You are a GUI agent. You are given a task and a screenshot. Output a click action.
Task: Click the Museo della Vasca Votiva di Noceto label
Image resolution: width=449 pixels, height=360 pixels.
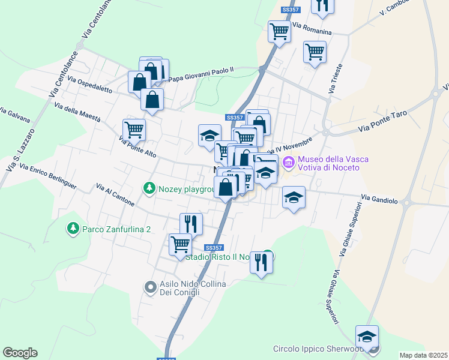coord(328,163)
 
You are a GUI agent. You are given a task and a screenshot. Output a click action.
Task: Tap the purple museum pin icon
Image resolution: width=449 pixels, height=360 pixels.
coord(289,161)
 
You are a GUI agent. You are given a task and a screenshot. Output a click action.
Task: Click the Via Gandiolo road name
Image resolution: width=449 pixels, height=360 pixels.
coord(379,197)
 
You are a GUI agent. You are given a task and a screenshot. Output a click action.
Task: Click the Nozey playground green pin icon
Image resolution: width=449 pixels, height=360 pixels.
coord(149,189)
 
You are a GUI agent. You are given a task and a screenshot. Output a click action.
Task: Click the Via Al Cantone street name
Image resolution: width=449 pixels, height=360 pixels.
coord(115,196)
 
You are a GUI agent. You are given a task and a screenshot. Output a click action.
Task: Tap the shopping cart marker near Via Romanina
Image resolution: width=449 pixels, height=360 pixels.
coord(279,31)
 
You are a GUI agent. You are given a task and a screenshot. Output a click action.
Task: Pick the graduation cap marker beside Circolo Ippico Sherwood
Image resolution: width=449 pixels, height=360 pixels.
coord(366,335)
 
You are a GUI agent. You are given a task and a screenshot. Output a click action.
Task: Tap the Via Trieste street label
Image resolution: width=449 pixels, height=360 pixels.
coord(335,78)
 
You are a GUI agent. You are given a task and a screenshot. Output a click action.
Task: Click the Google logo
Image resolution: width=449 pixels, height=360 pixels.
coord(20,353)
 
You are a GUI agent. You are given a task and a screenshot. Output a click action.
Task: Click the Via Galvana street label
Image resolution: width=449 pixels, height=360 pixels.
coord(14,114)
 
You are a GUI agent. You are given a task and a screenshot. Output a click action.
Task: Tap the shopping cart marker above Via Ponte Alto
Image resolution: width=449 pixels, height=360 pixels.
coord(134,129)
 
